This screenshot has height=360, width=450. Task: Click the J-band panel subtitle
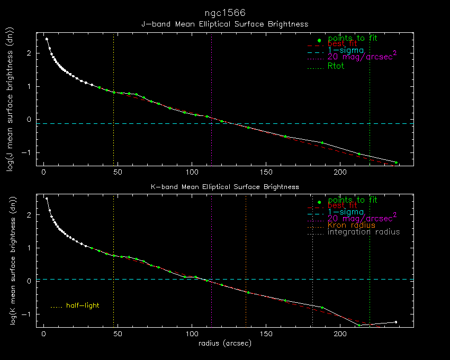224,24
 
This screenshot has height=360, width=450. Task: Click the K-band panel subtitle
224,187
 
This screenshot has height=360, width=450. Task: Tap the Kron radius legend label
351,225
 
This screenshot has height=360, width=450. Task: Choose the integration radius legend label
364,232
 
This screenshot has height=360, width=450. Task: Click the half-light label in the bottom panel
83,305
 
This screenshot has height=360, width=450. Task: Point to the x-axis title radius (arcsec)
224,343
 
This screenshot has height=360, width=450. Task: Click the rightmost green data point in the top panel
396,163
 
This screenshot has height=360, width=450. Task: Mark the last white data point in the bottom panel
395,322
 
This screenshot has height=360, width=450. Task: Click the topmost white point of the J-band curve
47,39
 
